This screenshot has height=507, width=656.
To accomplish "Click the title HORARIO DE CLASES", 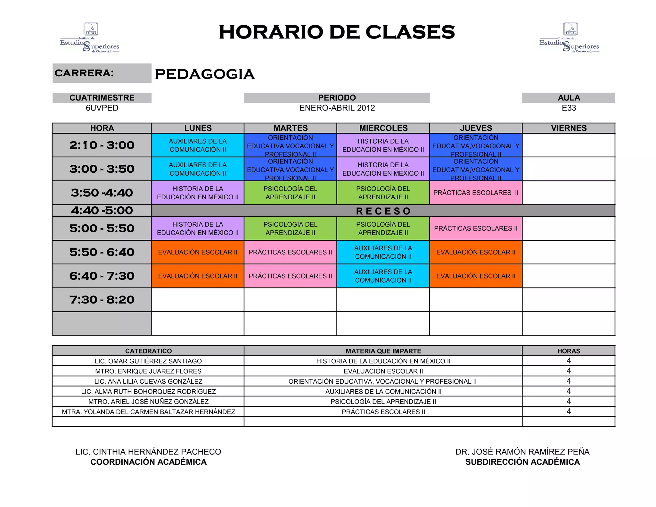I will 337,32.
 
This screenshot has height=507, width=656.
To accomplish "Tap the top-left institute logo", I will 90,38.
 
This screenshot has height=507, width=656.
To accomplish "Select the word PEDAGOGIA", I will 205,74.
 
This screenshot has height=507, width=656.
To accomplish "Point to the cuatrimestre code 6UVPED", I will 102,108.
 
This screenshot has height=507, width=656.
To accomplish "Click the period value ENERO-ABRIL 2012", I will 337,108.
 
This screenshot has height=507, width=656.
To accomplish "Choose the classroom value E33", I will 569,108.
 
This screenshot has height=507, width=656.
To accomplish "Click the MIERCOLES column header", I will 383,128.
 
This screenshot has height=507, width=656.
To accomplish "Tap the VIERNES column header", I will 569,128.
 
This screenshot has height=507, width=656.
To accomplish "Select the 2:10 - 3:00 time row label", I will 102,145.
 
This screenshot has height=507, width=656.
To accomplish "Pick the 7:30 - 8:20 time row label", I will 102,300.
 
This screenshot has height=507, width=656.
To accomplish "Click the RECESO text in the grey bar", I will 383,211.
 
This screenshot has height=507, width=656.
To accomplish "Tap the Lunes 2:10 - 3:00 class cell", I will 198,145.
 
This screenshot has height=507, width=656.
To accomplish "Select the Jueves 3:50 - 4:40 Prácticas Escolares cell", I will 476,193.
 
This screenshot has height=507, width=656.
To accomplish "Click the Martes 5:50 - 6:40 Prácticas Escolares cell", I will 290,252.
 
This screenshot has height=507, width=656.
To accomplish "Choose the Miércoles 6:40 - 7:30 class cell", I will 383,276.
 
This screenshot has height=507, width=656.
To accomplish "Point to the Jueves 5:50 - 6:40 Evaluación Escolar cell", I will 476,252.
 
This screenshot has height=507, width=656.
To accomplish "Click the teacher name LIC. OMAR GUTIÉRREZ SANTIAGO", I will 148,361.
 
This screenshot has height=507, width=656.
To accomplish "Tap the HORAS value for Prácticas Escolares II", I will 569,411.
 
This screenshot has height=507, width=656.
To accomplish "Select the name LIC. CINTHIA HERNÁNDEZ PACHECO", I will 148,452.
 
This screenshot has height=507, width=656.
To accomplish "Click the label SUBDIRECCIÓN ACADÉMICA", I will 522,462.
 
